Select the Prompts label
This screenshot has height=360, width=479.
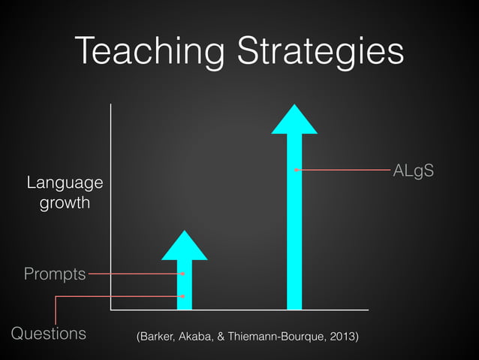[x=55, y=274]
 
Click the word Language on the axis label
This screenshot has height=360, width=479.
[x=65, y=183]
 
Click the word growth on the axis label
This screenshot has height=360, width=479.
[x=65, y=203]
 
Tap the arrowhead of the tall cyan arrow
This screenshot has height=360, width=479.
[x=294, y=119]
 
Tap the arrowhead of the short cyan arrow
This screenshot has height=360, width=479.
[x=184, y=245]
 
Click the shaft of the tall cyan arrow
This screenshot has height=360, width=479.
[x=294, y=241]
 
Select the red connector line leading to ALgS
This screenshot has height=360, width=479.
[x=345, y=171]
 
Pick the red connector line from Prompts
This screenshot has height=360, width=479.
[x=135, y=274]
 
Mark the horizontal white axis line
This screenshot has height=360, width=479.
[x=240, y=310]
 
